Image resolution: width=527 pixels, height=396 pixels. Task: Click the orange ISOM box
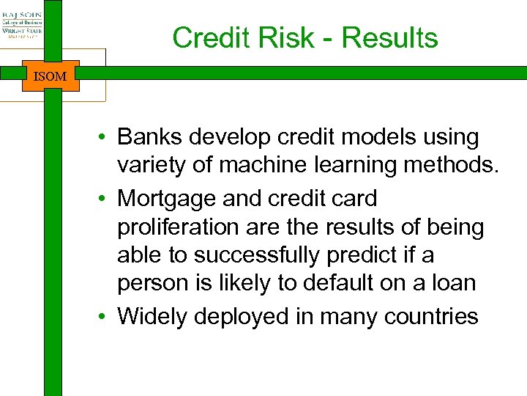(51, 76)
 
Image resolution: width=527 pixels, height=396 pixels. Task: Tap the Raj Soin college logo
(22, 22)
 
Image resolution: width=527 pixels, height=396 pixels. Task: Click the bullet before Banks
(107, 138)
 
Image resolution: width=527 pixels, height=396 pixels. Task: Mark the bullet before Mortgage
(107, 199)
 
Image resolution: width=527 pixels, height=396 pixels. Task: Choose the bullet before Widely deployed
(107, 317)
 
